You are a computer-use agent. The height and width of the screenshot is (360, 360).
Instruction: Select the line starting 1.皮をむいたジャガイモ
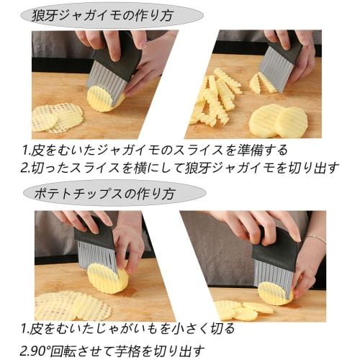[155, 150]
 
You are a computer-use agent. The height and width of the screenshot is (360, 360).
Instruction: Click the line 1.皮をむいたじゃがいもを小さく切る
[127, 329]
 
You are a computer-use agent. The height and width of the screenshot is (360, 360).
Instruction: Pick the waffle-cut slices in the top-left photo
[58, 116]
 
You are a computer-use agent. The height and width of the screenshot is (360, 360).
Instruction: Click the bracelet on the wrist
[315, 236]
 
